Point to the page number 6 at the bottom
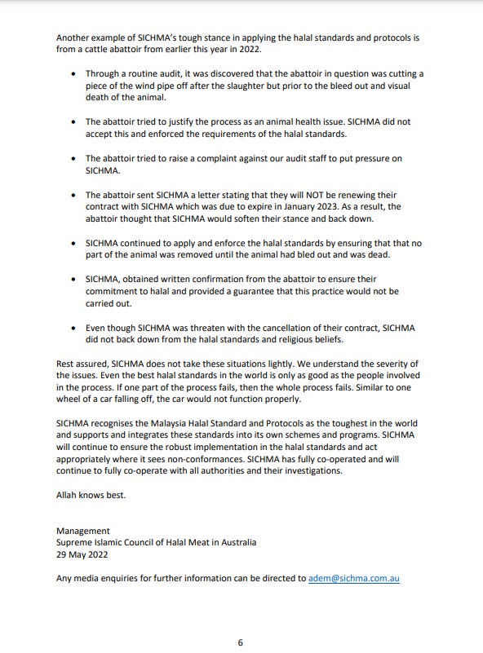(x=240, y=642)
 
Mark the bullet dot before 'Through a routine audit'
(x=75, y=73)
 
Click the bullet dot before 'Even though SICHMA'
(x=75, y=327)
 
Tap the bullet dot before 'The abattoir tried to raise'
(x=75, y=158)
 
